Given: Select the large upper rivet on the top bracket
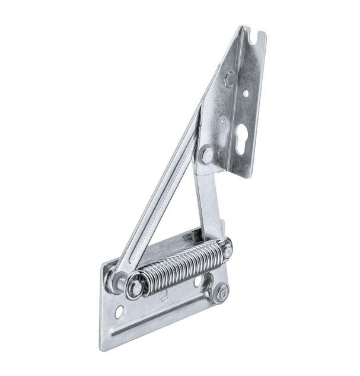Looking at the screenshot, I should click(x=230, y=78).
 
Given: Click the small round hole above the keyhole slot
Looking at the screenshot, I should click(x=246, y=93).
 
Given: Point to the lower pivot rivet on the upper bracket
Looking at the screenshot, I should click(x=207, y=155).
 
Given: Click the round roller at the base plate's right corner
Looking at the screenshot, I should click(x=221, y=292).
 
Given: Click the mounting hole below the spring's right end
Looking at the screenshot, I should click(x=199, y=280).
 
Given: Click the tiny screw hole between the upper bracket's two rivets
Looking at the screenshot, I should click(x=223, y=120).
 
